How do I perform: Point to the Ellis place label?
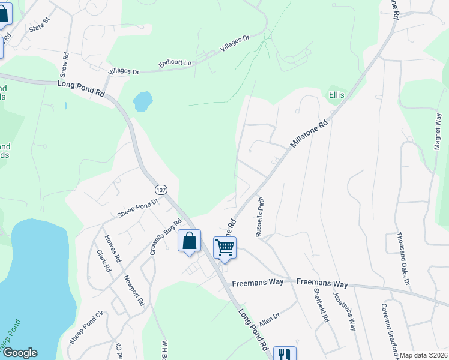pos(336,95)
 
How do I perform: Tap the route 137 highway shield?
pos(160,189)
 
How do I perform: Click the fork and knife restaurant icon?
pos(285,355)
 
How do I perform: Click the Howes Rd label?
pos(113,251)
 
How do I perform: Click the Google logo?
pos(20,353)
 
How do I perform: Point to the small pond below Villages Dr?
pos(142,101)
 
